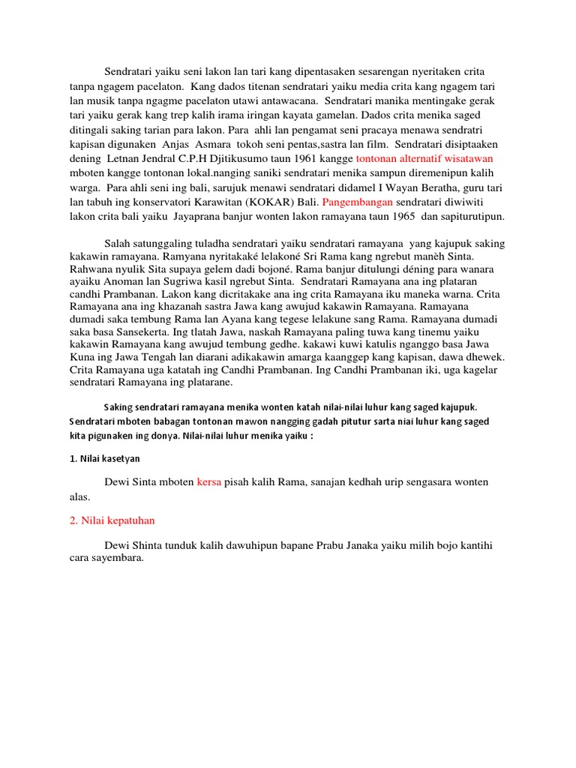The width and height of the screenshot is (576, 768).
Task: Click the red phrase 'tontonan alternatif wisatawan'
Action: click(x=424, y=159)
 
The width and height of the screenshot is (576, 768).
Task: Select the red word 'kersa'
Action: click(x=209, y=481)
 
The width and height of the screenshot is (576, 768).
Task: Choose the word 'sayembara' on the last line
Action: click(x=112, y=559)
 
